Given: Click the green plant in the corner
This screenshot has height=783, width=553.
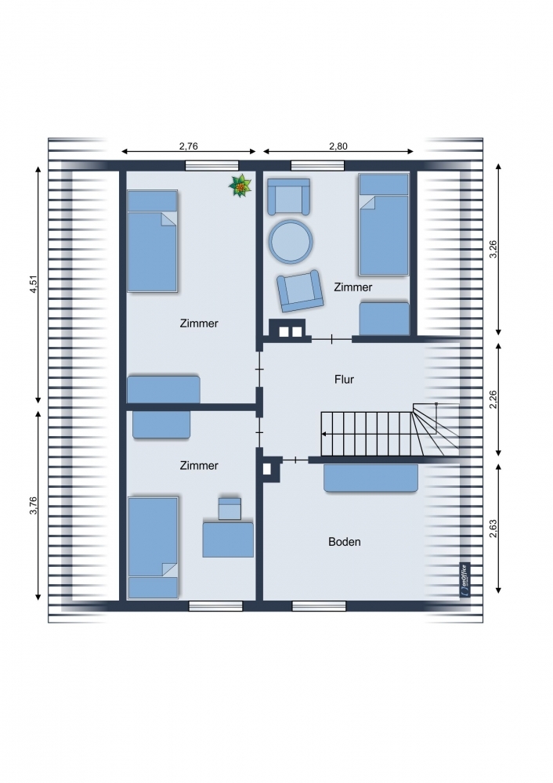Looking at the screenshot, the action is point(240,186).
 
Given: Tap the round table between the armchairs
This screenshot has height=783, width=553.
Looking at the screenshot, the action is point(291,242).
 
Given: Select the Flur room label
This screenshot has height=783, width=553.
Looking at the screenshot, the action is point(344,380).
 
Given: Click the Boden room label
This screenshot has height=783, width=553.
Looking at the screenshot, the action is point(344,542).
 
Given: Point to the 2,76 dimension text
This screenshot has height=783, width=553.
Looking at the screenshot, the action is point(189,146).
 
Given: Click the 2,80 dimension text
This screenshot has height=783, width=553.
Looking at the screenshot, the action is point(338,146).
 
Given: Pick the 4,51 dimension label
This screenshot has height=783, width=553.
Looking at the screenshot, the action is point(34,283).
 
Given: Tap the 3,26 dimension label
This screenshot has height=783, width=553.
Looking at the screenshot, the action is point(493,249).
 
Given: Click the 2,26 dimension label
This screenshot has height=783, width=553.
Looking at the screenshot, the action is point(493,399).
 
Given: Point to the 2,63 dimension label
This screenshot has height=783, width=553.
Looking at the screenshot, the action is point(493,529).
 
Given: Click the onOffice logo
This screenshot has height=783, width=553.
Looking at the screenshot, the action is point(464,580).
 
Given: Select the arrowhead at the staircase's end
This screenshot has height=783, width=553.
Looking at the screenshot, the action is point(324,434).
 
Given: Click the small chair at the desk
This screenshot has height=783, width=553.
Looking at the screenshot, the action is point(230,508).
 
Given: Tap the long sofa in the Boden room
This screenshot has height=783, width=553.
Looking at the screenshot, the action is point(370,478).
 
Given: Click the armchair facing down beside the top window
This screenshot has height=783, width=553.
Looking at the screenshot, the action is point(289,197).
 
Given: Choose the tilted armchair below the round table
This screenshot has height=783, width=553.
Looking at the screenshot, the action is point(300,291).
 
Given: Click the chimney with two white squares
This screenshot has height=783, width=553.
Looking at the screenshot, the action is point(287,330).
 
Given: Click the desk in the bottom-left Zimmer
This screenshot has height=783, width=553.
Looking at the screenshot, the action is point(228,539).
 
